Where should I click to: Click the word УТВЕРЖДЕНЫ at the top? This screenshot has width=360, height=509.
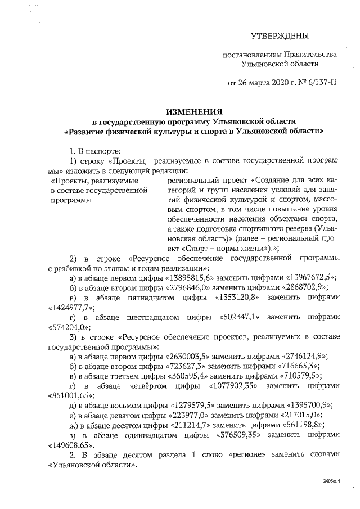point(280,37)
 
